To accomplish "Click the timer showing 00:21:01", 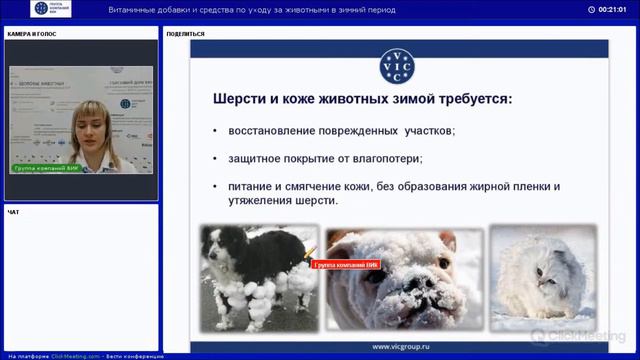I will tap(612, 10).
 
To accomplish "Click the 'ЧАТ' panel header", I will tap(13, 212).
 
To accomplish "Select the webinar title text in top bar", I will tap(250, 10).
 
